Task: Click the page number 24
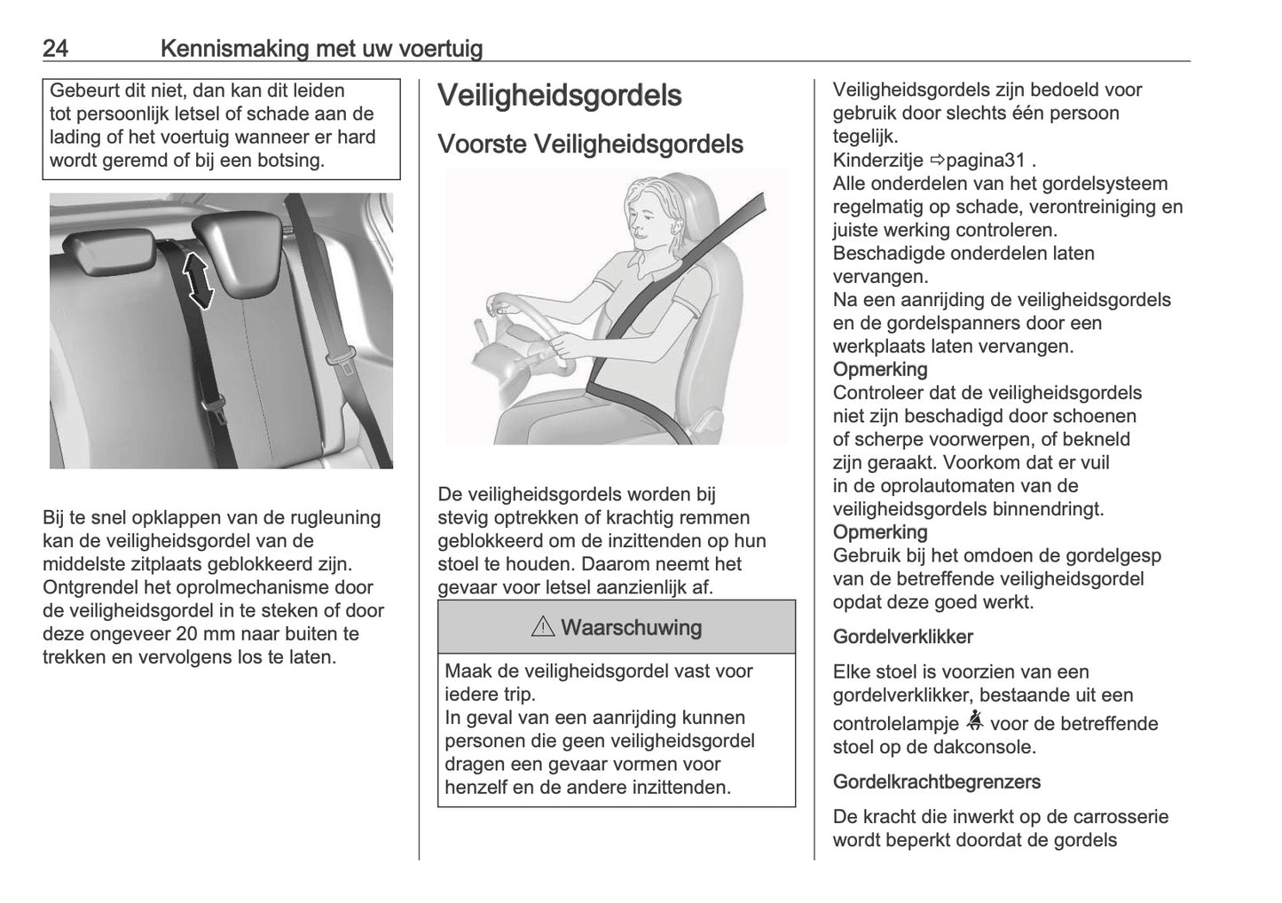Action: [x=55, y=48]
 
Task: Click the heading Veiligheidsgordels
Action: [x=559, y=96]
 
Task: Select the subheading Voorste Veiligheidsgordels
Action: [x=590, y=144]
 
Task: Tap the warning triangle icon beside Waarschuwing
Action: [x=542, y=628]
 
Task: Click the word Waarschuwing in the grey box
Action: [x=631, y=628]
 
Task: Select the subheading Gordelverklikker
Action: [x=902, y=637]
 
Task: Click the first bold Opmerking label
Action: [x=879, y=369]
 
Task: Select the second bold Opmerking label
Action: [x=879, y=532]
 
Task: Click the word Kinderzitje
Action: [x=878, y=161]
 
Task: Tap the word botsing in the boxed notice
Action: [x=292, y=161]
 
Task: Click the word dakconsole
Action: [x=986, y=747]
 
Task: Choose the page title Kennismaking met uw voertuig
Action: [x=321, y=48]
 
